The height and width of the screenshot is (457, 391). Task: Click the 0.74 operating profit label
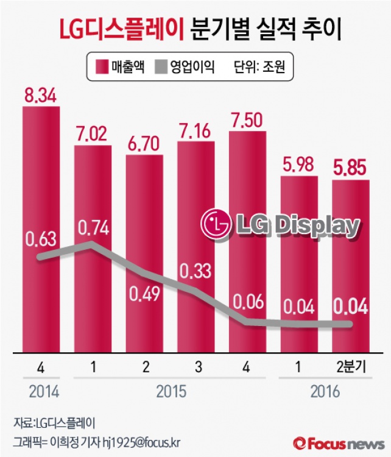click(x=93, y=228)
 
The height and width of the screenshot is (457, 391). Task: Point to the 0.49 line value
click(x=144, y=293)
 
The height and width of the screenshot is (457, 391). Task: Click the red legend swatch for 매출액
click(x=102, y=66)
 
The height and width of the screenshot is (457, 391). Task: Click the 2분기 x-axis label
click(x=351, y=368)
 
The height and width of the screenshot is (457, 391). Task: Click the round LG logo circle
click(x=217, y=224)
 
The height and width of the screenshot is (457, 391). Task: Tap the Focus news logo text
click(x=342, y=441)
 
